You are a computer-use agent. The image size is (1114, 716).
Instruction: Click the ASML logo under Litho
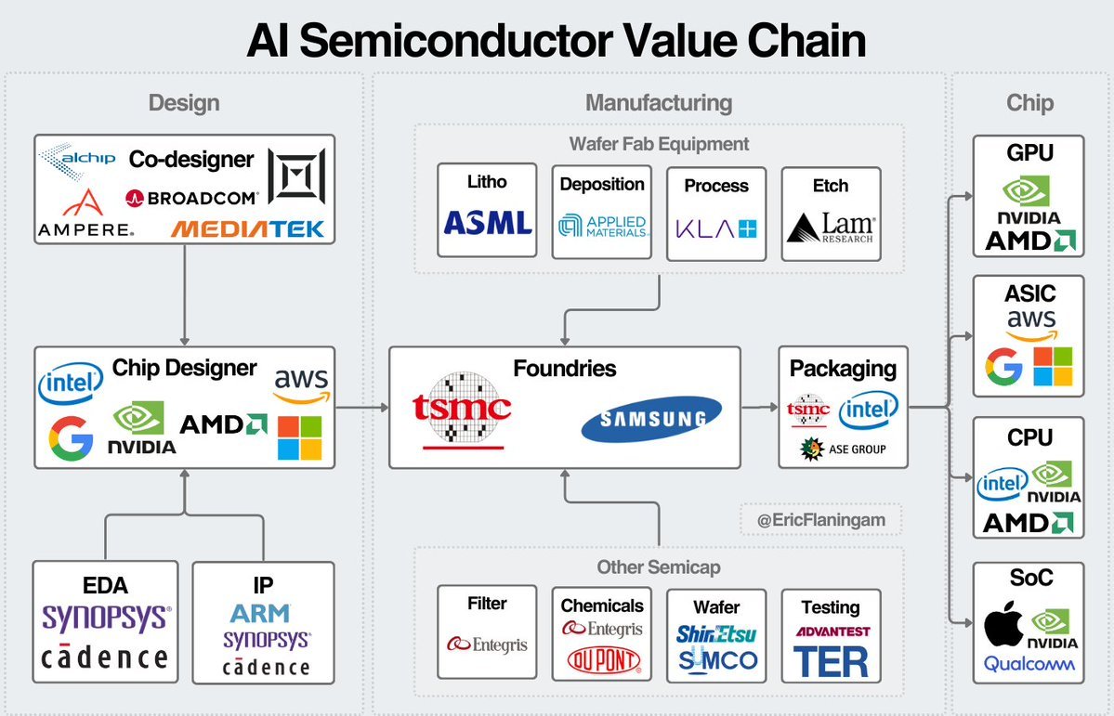pos(487,222)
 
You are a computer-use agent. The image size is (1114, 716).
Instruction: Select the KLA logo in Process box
pos(716,226)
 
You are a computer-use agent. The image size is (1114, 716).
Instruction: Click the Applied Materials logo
pos(602,226)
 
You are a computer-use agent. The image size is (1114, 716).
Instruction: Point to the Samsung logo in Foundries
pos(651,418)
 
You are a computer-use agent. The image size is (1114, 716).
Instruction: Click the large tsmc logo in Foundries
pos(463,409)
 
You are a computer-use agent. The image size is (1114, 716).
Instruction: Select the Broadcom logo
pos(190,198)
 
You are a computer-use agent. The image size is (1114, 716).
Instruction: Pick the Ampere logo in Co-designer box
pos(85,214)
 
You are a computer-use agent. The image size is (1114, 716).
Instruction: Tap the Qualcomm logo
pos(1029,664)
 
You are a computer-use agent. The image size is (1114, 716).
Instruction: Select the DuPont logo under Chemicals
pos(603,660)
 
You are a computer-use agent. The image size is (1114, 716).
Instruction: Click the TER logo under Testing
pos(831,662)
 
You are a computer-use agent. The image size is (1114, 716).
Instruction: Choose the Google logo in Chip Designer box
pos(71,439)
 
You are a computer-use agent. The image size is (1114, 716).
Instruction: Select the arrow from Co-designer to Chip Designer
pos(185,295)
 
